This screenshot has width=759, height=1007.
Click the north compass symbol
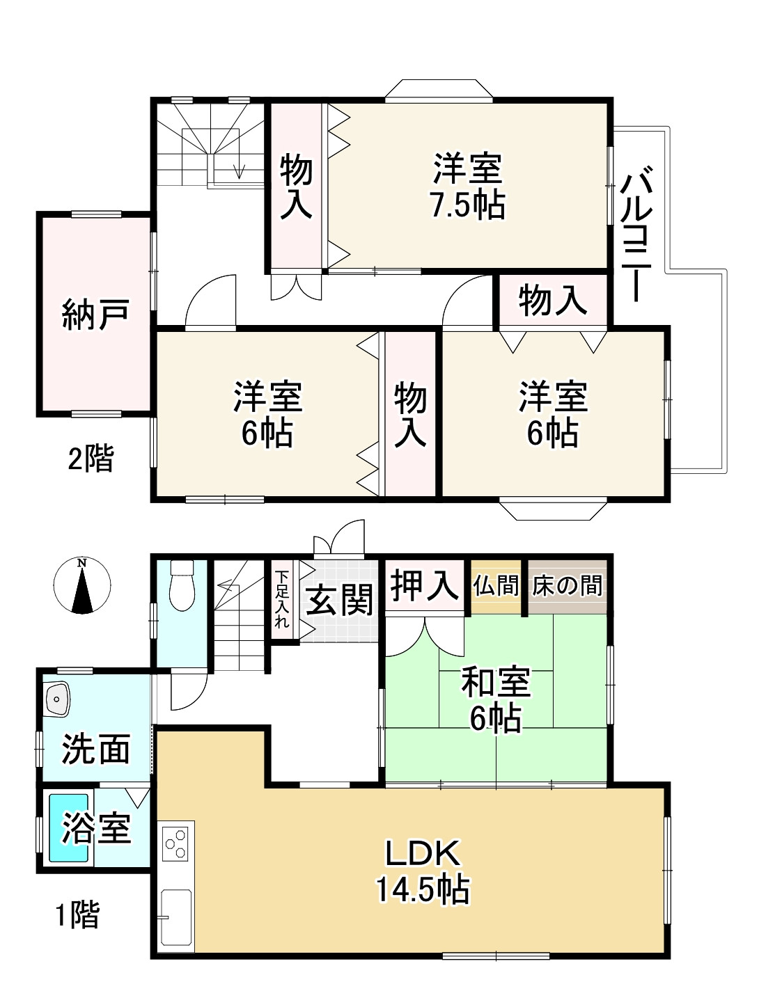point(82,585)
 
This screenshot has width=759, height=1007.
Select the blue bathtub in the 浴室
point(69,828)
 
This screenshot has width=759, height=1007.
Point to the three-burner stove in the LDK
point(178,843)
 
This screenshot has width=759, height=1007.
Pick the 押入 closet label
point(424,585)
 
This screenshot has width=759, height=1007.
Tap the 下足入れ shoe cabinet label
point(281,600)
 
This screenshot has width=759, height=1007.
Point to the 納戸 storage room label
point(95,314)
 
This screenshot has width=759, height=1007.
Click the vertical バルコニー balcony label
point(634,237)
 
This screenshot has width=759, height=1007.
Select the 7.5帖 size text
point(467,205)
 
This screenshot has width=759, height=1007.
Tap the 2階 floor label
point(91,459)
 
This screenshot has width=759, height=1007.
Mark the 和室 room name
point(496,683)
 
